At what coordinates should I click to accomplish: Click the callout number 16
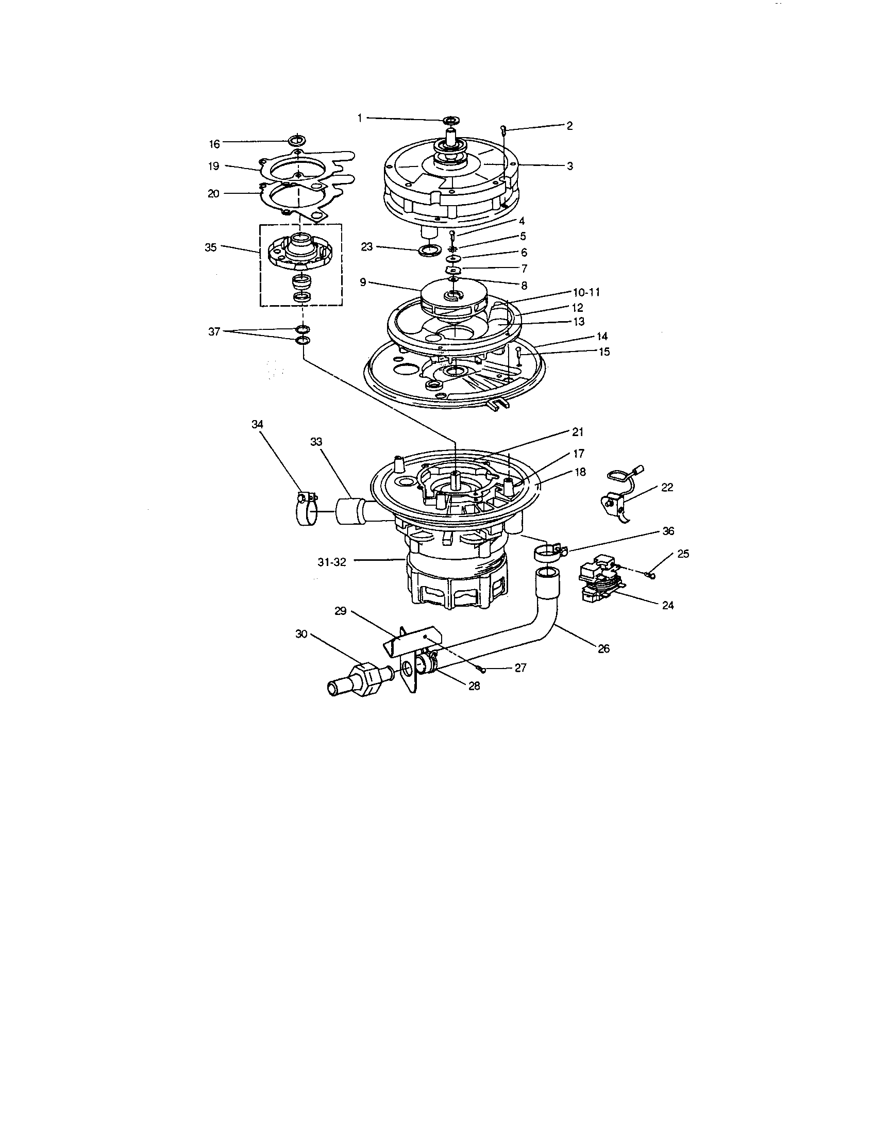214,144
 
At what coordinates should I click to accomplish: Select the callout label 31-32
333,562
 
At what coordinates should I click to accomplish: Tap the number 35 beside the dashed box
210,247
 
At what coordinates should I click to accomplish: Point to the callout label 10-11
586,292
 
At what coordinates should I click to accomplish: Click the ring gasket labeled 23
428,252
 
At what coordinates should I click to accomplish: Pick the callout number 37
214,332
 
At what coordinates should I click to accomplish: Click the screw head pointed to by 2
503,128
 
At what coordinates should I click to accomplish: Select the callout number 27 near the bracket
520,668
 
